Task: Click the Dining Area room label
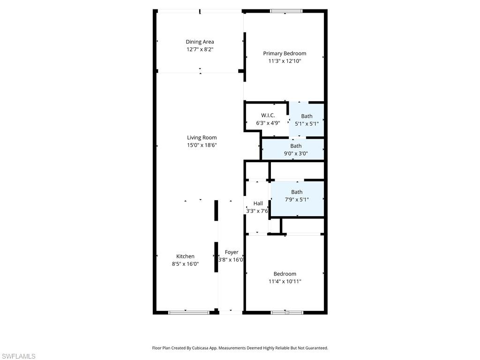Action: (x=200, y=42)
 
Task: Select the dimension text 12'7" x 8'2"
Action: (x=200, y=49)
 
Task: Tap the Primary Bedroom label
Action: (x=285, y=53)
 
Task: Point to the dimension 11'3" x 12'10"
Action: (x=285, y=61)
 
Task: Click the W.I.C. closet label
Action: (x=268, y=115)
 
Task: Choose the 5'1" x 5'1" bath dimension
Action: (x=307, y=124)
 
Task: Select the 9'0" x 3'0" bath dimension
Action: (x=296, y=153)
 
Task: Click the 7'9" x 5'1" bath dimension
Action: (x=297, y=199)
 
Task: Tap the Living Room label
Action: (x=202, y=137)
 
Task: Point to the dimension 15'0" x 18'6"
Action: (x=202, y=145)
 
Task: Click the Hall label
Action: (x=258, y=203)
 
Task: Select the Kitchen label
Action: (x=185, y=256)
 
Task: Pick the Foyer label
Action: (x=232, y=252)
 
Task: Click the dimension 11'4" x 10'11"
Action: (x=285, y=281)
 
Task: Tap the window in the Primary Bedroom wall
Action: (x=286, y=11)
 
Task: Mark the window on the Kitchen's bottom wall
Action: (x=188, y=312)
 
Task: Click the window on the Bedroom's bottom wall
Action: (x=287, y=312)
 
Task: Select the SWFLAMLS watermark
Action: (x=18, y=357)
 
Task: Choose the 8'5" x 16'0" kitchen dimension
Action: (x=185, y=264)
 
